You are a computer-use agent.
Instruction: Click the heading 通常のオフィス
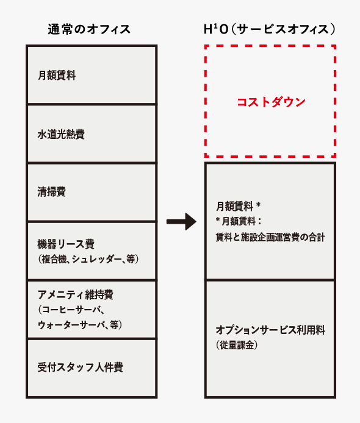(89, 29)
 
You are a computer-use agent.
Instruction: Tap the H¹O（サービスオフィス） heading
(270, 29)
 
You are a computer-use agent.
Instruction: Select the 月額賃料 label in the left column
(57, 75)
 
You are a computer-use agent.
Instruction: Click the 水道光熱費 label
(61, 134)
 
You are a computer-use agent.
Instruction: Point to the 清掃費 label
(52, 192)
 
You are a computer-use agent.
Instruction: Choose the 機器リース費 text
(66, 244)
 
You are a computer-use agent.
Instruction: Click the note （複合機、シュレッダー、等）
(88, 259)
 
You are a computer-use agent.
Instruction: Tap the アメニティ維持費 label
(75, 294)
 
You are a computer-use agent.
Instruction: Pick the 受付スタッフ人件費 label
(80, 367)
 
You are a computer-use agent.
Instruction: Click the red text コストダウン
(271, 102)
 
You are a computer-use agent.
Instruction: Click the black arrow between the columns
(181, 221)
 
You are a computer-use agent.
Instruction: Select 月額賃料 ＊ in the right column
(238, 207)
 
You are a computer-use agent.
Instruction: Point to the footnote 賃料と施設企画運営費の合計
(270, 237)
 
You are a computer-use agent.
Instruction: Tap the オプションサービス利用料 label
(270, 330)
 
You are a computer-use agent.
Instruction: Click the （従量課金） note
(237, 345)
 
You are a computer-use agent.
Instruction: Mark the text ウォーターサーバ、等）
(80, 325)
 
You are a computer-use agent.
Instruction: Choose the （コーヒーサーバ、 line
(71, 310)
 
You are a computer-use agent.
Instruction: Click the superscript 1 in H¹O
(216, 26)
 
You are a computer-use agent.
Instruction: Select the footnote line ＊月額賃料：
(239, 221)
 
